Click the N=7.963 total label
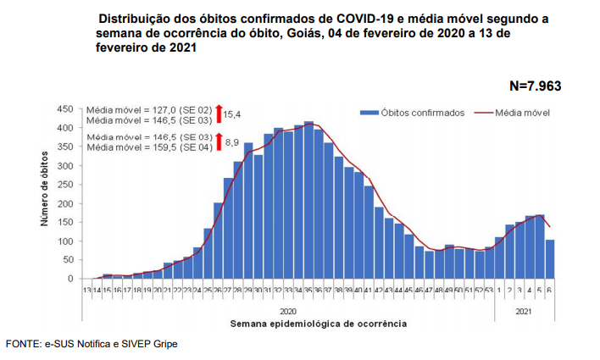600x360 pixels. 535,86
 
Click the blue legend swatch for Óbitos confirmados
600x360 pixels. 368,113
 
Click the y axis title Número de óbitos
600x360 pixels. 45,194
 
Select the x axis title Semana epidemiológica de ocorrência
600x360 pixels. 318,324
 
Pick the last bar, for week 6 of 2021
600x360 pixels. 550,259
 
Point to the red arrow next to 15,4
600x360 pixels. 218,113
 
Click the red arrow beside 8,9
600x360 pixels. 218,141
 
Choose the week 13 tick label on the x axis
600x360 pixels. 86,290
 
